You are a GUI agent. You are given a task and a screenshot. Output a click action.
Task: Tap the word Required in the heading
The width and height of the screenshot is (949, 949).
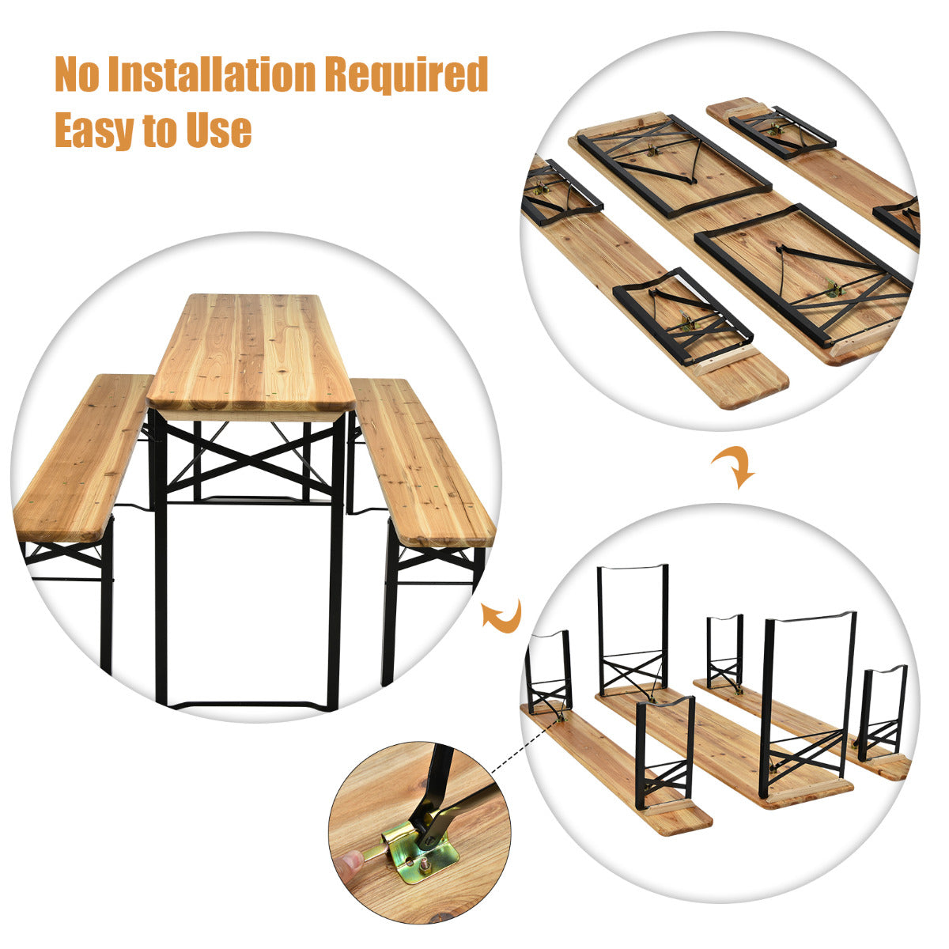tap(406, 75)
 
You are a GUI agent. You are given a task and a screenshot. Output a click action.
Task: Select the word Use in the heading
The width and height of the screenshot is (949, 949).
tap(219, 130)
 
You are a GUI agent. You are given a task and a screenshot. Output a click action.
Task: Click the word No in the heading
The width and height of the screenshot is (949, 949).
tap(78, 75)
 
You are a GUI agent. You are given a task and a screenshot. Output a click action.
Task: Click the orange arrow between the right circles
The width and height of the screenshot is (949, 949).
tap(734, 467)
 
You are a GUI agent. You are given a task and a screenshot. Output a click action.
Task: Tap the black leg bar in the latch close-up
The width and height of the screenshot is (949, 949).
tap(440, 770)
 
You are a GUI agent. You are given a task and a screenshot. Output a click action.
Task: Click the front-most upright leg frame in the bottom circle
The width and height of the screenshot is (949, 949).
tap(666, 747)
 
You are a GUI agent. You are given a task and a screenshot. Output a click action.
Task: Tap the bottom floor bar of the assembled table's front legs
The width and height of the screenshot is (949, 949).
tap(249, 705)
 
